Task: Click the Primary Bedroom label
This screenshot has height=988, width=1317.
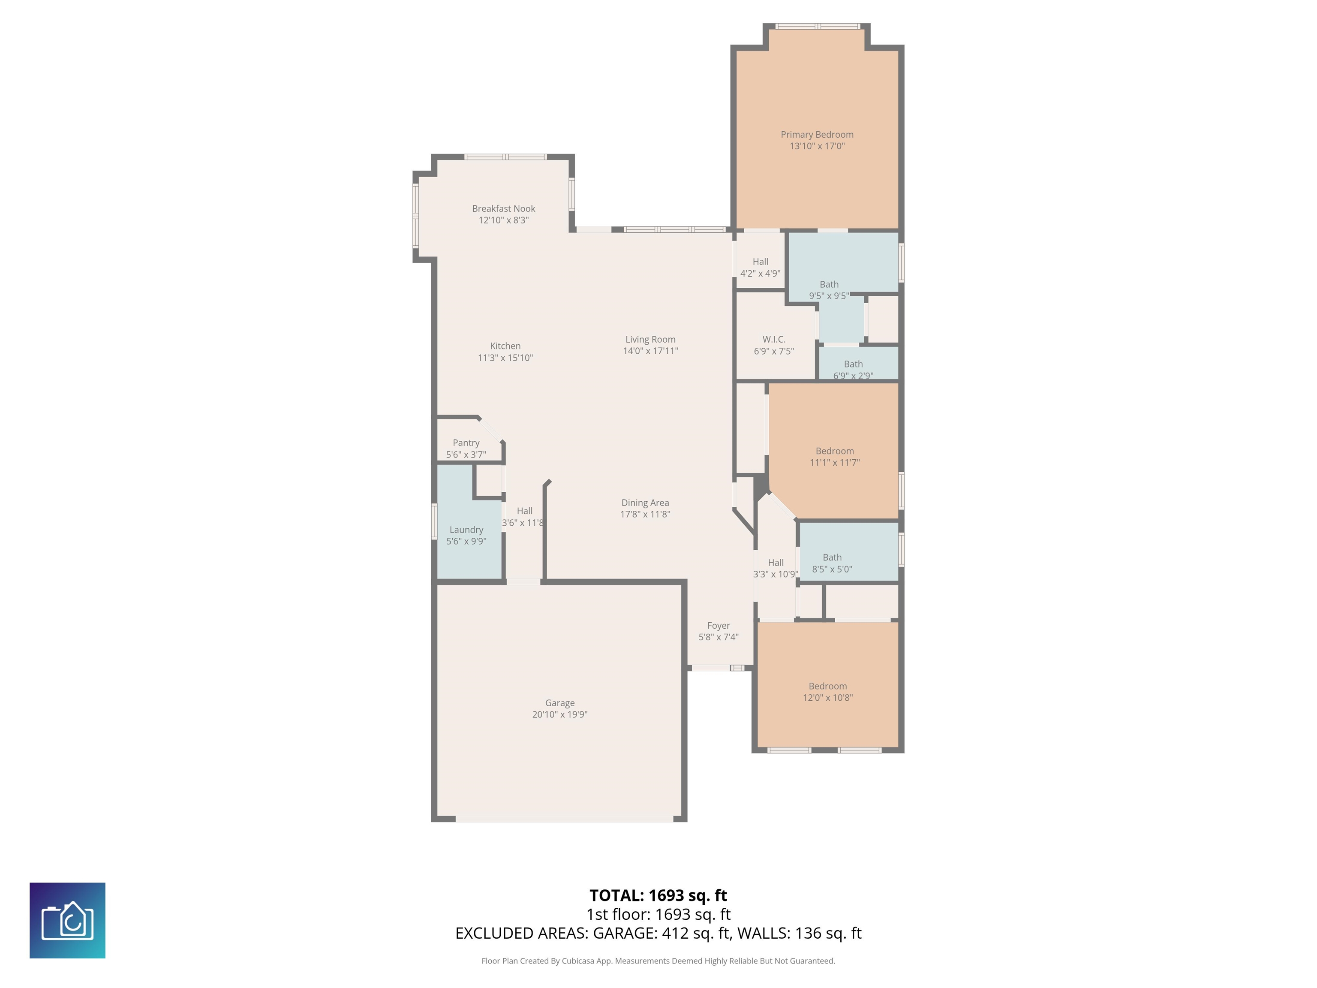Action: pos(817,135)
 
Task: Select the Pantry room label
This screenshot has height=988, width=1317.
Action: pos(466,443)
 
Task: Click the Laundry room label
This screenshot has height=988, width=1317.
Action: pos(466,530)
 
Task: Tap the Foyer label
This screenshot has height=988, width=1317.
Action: pos(718,625)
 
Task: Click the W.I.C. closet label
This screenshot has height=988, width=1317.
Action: pos(774,339)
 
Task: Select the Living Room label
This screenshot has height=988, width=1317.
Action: pos(650,339)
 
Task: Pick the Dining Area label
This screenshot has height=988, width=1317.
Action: pos(645,503)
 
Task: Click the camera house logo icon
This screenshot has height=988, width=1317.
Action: pos(67,920)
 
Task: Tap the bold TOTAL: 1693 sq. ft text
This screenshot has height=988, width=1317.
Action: pos(658,895)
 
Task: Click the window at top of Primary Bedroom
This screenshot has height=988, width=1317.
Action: pos(818,26)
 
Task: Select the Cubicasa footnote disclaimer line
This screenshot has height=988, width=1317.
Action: pos(658,961)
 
